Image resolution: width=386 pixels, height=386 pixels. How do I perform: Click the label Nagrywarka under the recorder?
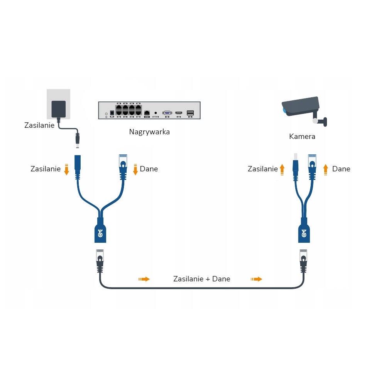(x=149, y=132)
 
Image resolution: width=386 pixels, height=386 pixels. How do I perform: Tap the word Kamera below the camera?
(x=302, y=136)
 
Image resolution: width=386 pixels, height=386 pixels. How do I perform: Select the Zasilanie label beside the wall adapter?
(x=39, y=125)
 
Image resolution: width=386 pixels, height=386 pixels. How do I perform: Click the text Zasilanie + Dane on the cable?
(x=201, y=279)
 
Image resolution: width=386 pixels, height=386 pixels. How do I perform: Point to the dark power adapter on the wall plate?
(x=59, y=109)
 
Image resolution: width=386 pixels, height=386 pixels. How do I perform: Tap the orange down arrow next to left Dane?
(x=135, y=169)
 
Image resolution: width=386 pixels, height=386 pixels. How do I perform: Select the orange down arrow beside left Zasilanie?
(x=66, y=169)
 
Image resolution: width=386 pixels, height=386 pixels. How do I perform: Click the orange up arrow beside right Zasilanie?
(x=282, y=169)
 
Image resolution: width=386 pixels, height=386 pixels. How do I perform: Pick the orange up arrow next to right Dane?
(x=325, y=169)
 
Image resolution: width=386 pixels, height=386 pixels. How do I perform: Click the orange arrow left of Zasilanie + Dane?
(x=144, y=279)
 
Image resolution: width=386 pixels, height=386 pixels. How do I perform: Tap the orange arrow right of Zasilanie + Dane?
(x=257, y=279)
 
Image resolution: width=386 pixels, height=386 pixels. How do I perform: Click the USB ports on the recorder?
(x=190, y=113)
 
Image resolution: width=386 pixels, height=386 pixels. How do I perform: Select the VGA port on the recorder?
(x=167, y=113)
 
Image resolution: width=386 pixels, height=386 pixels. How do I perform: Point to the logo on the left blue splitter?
(x=100, y=233)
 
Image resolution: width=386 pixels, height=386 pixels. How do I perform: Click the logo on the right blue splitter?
(x=304, y=233)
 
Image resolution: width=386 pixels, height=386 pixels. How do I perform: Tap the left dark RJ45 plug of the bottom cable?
(x=100, y=261)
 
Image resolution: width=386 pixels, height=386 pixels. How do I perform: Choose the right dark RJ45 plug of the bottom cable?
(x=303, y=261)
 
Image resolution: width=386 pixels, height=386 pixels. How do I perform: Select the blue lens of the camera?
(x=284, y=110)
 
